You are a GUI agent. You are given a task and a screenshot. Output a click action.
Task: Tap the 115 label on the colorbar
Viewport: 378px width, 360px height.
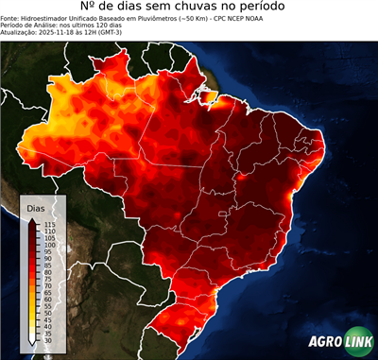pyautogui.click(x=49, y=224)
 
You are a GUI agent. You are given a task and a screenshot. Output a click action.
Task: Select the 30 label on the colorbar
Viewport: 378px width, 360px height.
pyautogui.click(x=47, y=339)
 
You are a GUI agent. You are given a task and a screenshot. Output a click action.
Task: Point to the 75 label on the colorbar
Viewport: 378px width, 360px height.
pyautogui.click(x=47, y=278)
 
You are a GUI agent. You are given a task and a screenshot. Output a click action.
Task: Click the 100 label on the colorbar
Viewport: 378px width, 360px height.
pyautogui.click(x=49, y=244)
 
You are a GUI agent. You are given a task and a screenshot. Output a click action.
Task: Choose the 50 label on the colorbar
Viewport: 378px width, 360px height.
pyautogui.click(x=47, y=312)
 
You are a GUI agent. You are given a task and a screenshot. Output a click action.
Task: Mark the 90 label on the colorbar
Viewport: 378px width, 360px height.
pyautogui.click(x=47, y=258)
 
